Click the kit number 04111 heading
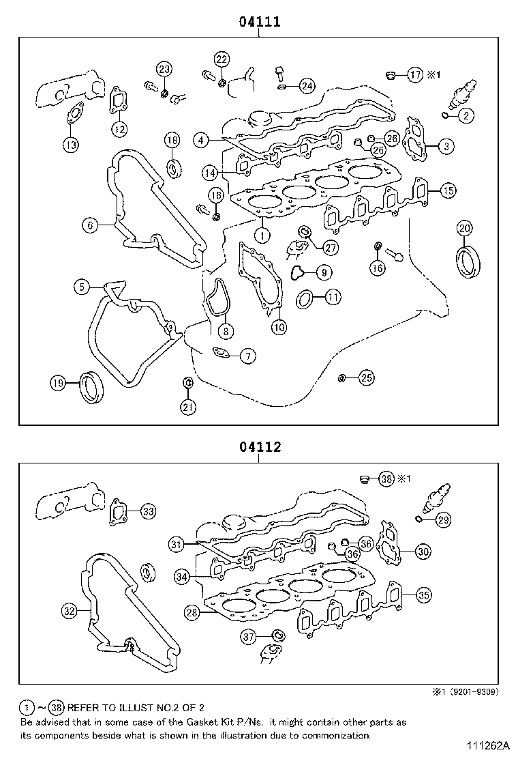click(x=259, y=22)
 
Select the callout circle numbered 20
click(x=464, y=227)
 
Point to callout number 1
click(x=262, y=235)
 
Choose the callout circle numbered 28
click(x=193, y=613)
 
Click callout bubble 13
click(x=71, y=144)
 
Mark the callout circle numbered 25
click(x=366, y=377)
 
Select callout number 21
click(x=187, y=407)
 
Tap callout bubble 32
click(x=70, y=611)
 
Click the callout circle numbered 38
click(x=386, y=479)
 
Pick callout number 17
click(x=415, y=75)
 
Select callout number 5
click(x=82, y=287)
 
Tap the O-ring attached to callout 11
click(x=305, y=298)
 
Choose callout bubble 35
click(x=423, y=595)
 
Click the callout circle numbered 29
click(x=443, y=520)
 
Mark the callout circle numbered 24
click(x=307, y=86)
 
